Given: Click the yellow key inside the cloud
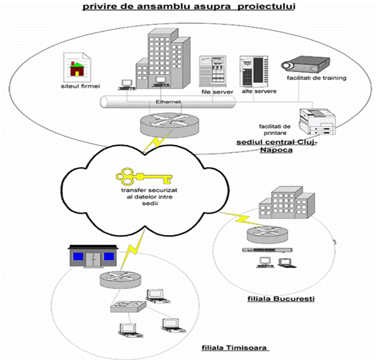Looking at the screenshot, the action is (x=144, y=177).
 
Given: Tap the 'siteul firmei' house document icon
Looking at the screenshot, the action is (x=77, y=67).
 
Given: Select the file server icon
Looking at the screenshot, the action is (x=213, y=71).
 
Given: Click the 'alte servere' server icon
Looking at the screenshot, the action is (x=254, y=71).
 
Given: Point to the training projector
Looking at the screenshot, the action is (x=305, y=64).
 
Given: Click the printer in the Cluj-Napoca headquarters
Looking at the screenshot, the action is (x=317, y=121).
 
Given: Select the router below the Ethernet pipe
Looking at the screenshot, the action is (x=170, y=125).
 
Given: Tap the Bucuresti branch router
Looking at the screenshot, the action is (x=268, y=235).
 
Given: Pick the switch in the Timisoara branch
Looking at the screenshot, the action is (x=128, y=306).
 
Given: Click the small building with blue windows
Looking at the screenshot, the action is (x=93, y=256).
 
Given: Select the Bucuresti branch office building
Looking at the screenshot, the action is (x=287, y=203).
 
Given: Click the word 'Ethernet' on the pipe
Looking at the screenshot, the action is (x=168, y=101).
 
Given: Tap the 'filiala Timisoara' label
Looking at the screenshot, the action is (x=234, y=348).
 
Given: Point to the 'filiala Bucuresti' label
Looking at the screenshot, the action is (x=281, y=299).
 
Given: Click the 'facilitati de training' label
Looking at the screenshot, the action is (x=317, y=78).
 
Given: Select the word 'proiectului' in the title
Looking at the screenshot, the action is (x=266, y=6).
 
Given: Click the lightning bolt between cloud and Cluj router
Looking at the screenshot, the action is (x=158, y=141).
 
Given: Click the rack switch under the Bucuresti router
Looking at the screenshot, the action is (x=267, y=250).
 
